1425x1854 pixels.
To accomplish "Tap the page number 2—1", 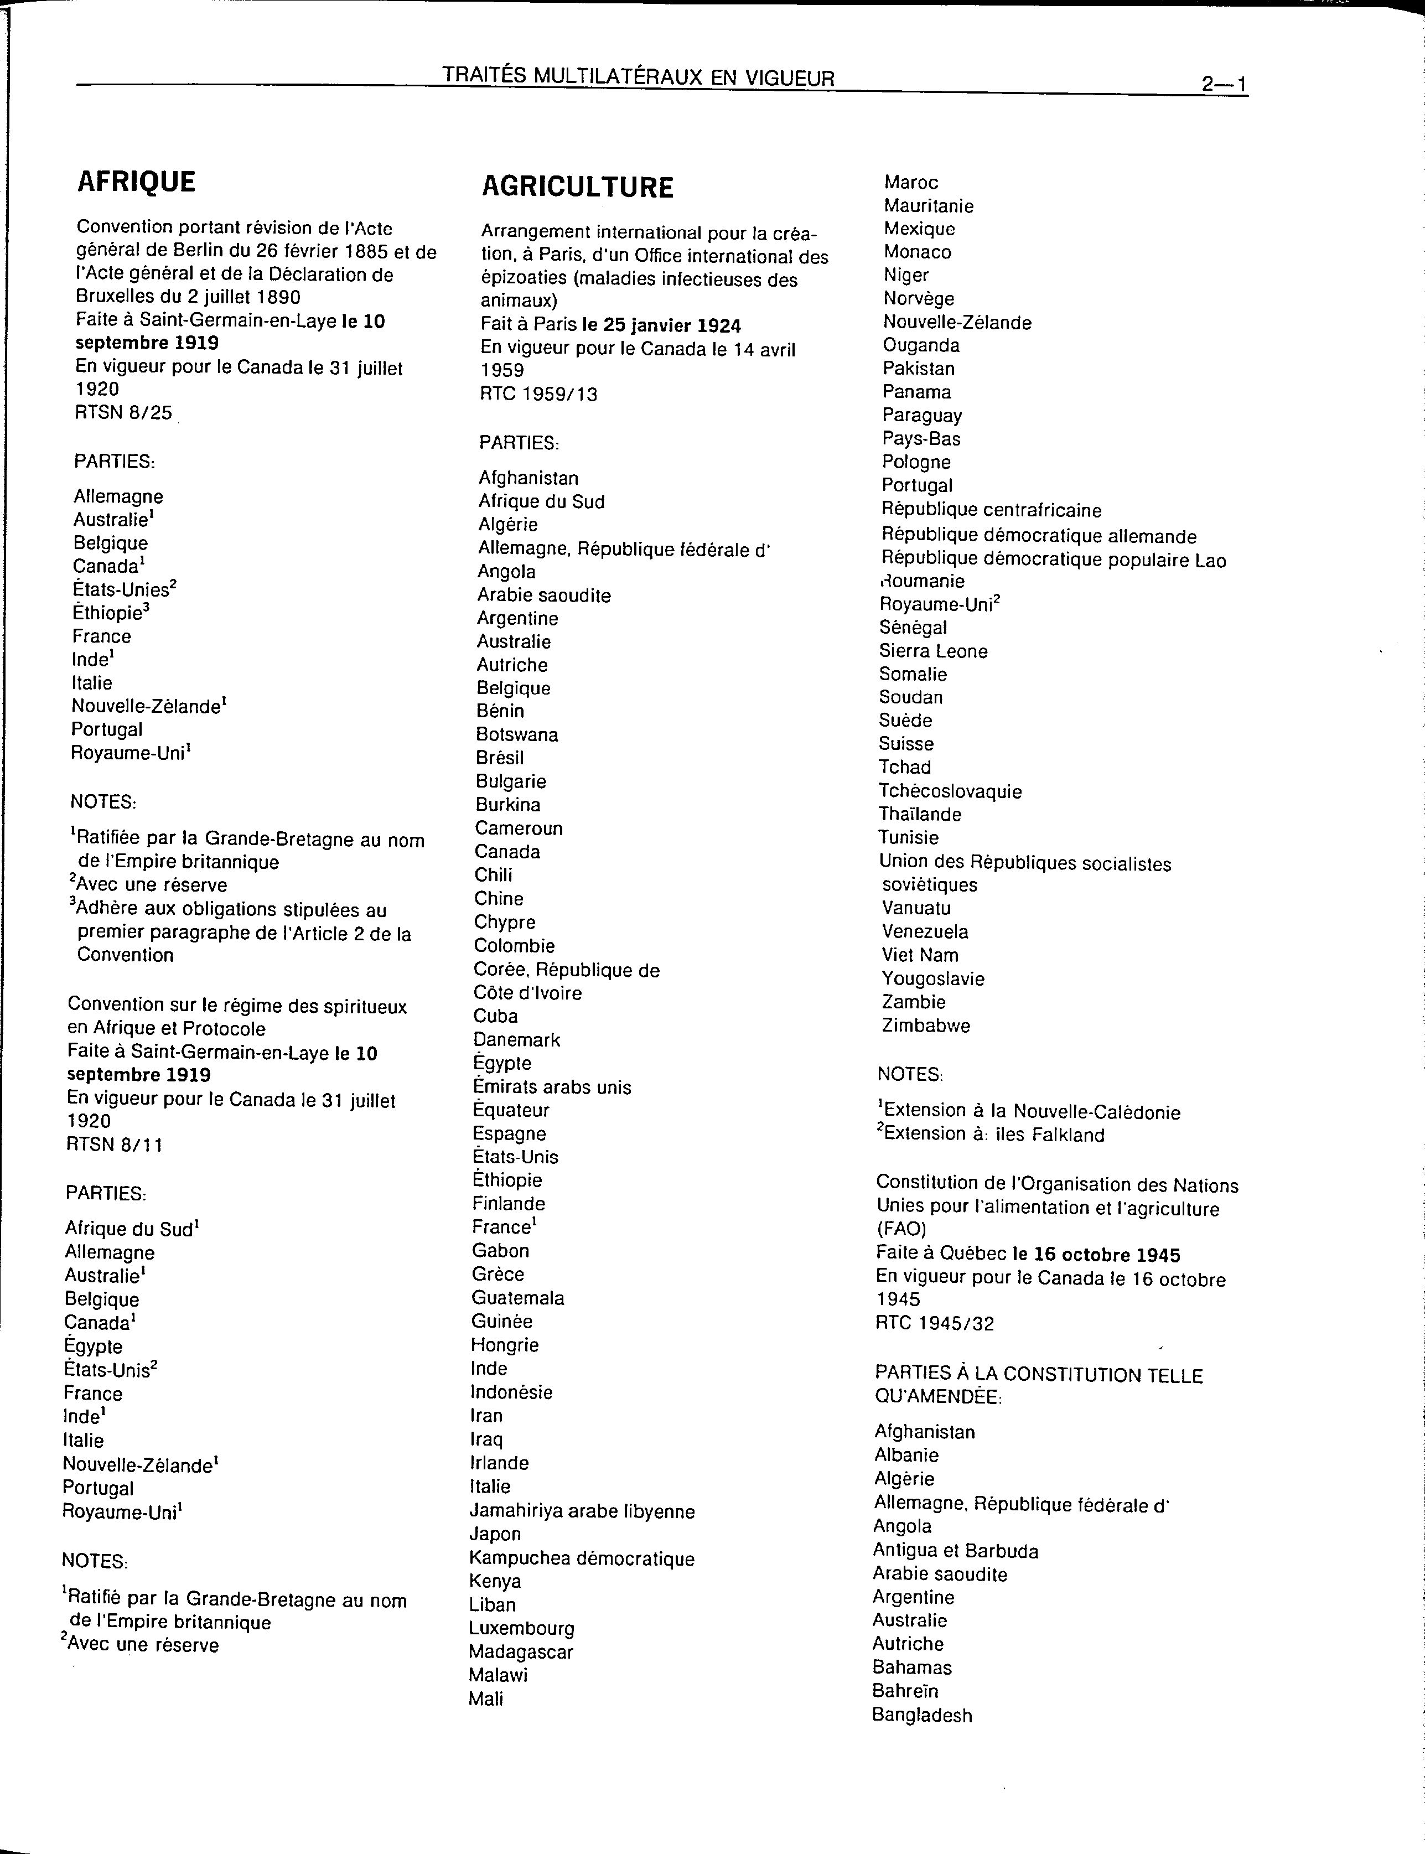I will pos(1223,84).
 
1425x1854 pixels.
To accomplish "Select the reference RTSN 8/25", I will pos(123,413).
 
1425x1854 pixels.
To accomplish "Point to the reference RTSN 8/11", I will pos(115,1145).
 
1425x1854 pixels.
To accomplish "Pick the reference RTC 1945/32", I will pos(934,1323).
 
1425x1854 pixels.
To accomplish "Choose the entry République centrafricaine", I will pos(991,511).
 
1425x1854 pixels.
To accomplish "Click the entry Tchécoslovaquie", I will pos(950,791).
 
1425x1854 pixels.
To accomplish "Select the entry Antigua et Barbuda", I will pos(955,1551).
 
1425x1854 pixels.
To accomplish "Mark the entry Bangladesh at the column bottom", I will pos(922,1715).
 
